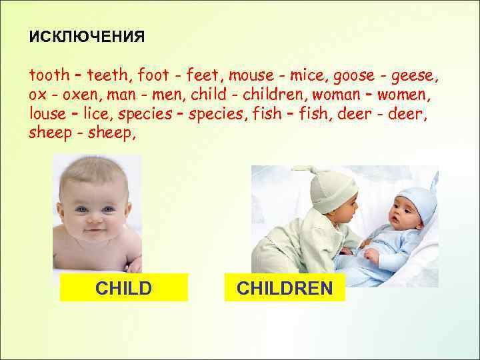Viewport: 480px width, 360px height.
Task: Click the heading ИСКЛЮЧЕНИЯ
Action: click(x=87, y=37)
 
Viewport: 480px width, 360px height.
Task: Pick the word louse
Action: click(x=48, y=113)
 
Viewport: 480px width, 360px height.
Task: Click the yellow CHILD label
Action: click(x=123, y=288)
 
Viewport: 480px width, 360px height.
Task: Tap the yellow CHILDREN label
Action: click(x=285, y=288)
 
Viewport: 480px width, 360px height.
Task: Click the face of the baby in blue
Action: click(x=403, y=217)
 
